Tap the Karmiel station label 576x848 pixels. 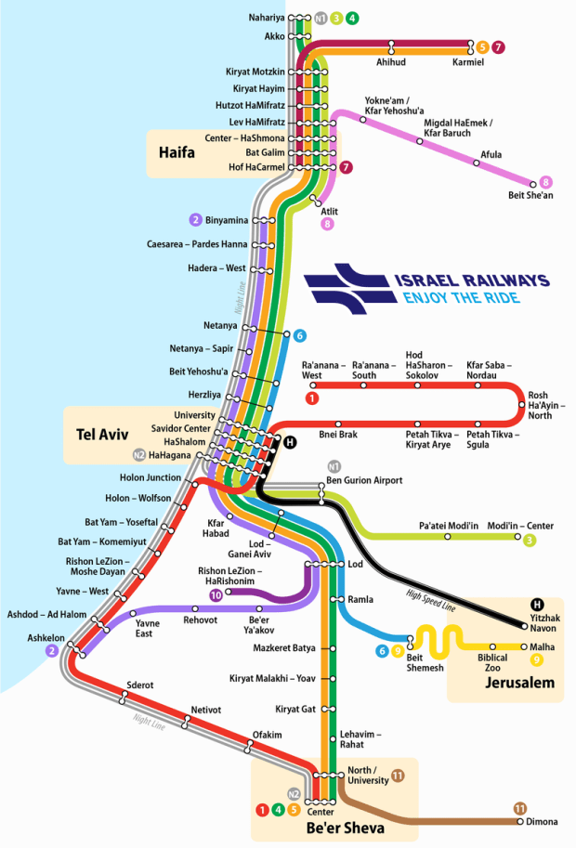click(467, 62)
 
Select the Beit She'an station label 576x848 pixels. click(530, 195)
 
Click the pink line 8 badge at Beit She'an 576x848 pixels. click(546, 182)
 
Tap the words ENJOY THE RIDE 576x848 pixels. click(461, 298)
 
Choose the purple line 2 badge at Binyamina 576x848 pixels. click(195, 220)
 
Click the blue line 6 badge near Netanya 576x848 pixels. click(299, 335)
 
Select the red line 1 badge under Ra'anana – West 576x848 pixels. click(312, 398)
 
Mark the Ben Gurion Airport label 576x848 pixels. click(364, 480)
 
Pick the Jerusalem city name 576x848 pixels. click(519, 684)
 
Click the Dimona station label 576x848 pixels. click(542, 822)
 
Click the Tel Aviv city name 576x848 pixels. click(103, 434)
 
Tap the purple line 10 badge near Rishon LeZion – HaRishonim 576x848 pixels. click(216, 594)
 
